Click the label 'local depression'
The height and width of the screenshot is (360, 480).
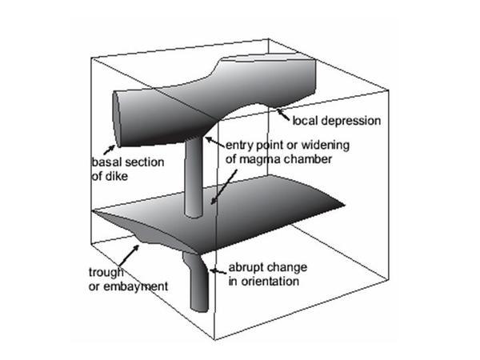[335, 121]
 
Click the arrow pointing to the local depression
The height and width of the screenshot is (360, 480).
[282, 114]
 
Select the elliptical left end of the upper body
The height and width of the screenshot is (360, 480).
[120, 115]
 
